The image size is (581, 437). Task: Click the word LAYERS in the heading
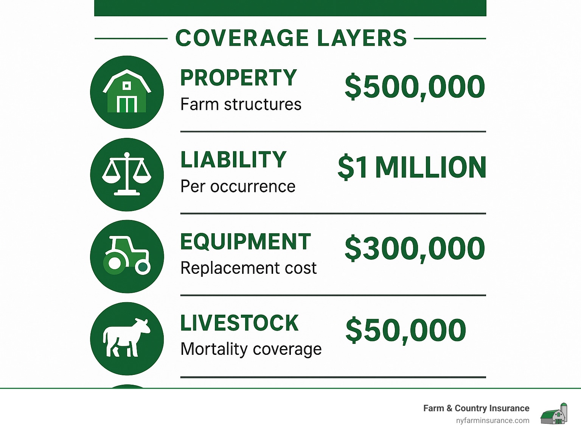(x=362, y=38)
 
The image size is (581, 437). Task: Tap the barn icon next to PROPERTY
(x=127, y=92)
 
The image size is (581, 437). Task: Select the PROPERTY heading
(x=239, y=78)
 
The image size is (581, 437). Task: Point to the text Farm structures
(x=241, y=105)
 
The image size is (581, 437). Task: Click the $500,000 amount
(x=415, y=87)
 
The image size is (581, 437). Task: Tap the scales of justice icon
(x=127, y=174)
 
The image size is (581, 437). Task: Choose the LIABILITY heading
(x=233, y=160)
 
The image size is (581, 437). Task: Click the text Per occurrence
(x=238, y=186)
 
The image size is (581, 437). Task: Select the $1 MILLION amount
(x=412, y=167)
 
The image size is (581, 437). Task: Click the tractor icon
(x=127, y=256)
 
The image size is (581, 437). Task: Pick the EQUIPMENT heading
(x=245, y=242)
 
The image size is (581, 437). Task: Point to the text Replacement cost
(x=249, y=268)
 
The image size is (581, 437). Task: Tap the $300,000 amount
(x=415, y=249)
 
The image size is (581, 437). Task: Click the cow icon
(x=127, y=338)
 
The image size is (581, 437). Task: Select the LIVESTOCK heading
(x=239, y=323)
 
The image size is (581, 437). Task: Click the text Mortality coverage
(x=251, y=349)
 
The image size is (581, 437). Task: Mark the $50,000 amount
(x=405, y=330)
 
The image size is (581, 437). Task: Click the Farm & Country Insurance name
(x=476, y=408)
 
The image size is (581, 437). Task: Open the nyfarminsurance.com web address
(x=492, y=420)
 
